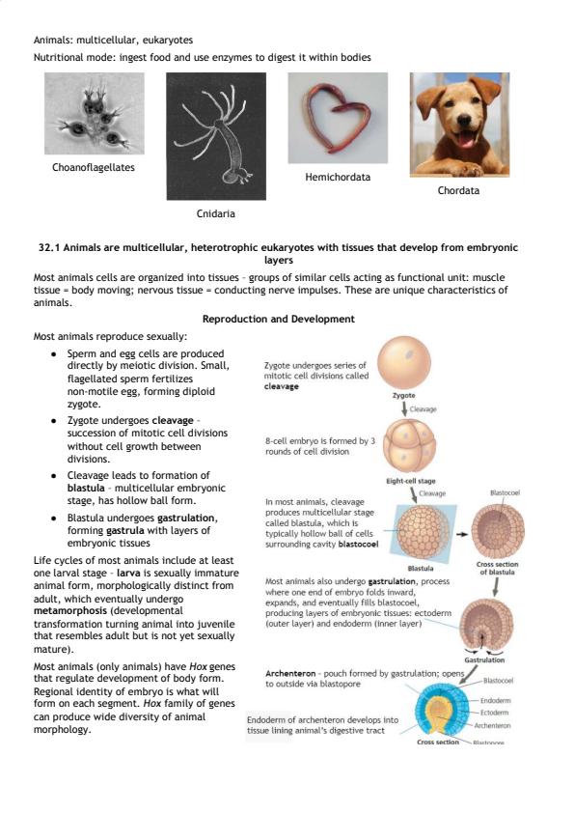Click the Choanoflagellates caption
94,167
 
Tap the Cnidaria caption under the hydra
215,213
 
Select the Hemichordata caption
338,177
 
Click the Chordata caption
458,190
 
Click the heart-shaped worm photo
338,118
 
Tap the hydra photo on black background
216,136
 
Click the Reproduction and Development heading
279,319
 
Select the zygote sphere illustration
404,362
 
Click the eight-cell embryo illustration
409,445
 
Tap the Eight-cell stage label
411,481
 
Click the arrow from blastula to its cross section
461,534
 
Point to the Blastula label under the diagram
421,569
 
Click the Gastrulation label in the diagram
484,660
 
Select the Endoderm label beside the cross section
495,700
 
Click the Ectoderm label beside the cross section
494,713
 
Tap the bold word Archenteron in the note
290,674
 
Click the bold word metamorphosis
69,611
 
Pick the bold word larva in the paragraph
128,573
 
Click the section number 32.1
49,247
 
